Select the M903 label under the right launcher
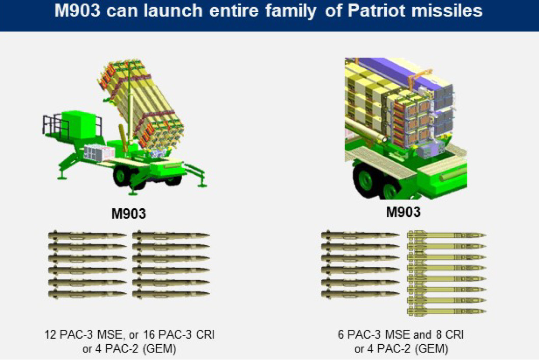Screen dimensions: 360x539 (x=404, y=211)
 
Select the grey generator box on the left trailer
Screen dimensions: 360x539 (x=99, y=151)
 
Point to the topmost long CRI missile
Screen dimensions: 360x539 (x=446, y=235)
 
